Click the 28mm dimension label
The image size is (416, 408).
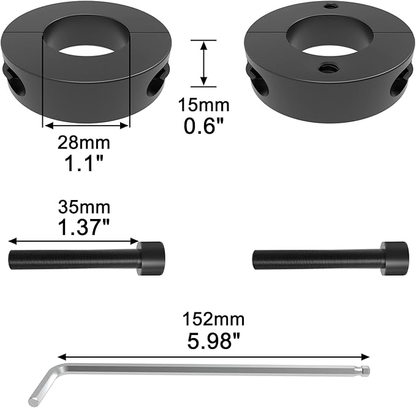point(84,144)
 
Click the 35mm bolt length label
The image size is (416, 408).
point(84,206)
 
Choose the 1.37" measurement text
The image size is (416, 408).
point(84,228)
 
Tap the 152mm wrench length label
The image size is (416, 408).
point(213,319)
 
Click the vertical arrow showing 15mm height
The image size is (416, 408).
point(204,63)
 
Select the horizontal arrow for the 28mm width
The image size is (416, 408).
point(86,125)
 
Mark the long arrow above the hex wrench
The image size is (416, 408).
point(214,356)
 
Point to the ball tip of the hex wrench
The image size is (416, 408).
point(365,371)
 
